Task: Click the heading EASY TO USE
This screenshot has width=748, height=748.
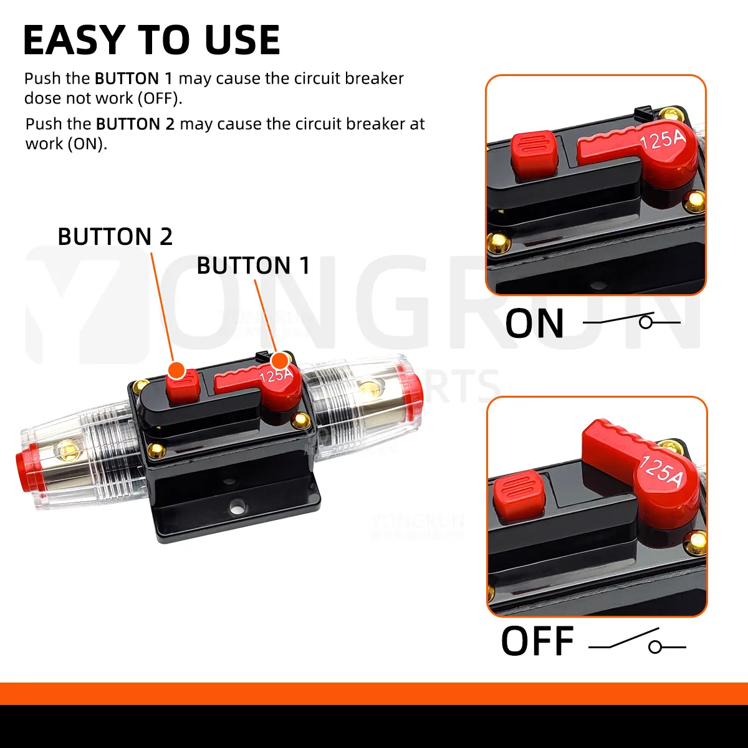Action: (x=151, y=41)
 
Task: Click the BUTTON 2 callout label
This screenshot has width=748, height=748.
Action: (x=115, y=237)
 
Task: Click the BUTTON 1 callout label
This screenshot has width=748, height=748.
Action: (x=253, y=266)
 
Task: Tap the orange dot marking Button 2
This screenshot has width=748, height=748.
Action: (x=177, y=370)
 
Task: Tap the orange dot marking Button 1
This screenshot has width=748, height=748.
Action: (x=280, y=360)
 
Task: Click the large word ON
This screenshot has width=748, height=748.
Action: (x=534, y=324)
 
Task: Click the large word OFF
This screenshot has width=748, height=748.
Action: (x=537, y=642)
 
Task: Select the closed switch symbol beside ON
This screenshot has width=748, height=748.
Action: (x=631, y=322)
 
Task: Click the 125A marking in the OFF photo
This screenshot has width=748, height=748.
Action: (x=661, y=471)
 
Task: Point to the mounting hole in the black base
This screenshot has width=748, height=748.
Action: (x=237, y=506)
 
